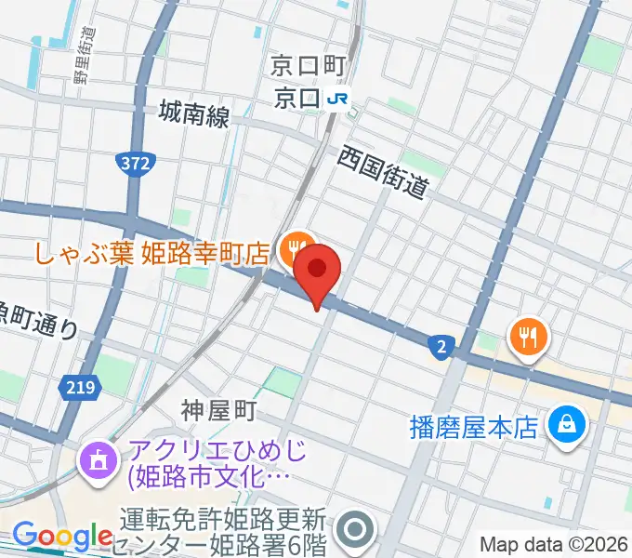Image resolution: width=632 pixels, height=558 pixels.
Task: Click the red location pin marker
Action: (x=318, y=271)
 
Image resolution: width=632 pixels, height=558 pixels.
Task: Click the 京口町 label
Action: (x=307, y=65)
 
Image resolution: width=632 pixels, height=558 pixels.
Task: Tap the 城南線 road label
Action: (x=193, y=114)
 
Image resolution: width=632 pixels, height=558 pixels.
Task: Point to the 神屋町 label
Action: (x=217, y=409)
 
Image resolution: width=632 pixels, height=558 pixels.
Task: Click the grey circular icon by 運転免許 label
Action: (x=355, y=530)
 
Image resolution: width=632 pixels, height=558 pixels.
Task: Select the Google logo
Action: (x=62, y=537)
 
